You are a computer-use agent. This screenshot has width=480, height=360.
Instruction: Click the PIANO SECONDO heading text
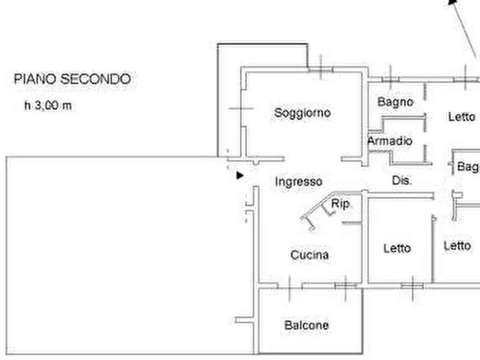[x=72, y=80]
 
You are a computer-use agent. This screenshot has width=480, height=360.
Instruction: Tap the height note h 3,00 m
[x=48, y=106]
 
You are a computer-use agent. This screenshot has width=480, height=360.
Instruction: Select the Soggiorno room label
[x=302, y=113]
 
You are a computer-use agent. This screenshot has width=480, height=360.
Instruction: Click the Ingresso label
[x=299, y=182]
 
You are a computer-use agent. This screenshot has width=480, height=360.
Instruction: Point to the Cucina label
[x=310, y=255]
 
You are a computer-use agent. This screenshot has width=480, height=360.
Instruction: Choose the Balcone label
[x=306, y=325]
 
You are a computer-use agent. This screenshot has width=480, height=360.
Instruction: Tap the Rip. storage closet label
[x=341, y=204]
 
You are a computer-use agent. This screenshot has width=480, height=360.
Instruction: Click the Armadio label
[x=390, y=141]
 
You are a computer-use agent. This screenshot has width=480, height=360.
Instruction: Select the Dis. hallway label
[x=402, y=181]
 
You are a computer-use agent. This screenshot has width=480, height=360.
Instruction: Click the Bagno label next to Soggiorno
[x=395, y=102]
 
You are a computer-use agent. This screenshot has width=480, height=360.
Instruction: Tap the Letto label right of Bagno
[x=462, y=117]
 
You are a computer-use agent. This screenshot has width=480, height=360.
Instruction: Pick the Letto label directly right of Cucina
[x=397, y=248]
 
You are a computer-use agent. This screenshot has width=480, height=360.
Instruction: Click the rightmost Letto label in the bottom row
[x=457, y=246]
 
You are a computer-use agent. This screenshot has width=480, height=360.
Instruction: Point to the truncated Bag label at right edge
[x=468, y=167]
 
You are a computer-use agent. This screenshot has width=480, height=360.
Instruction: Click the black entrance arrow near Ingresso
[x=240, y=175]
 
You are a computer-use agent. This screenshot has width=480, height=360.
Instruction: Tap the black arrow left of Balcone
[x=239, y=321]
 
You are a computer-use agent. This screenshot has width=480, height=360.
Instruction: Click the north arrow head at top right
[x=453, y=3]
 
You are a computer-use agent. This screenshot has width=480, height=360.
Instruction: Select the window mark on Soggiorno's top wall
[x=320, y=68]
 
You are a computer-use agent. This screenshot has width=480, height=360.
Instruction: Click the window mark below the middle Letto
[x=412, y=285]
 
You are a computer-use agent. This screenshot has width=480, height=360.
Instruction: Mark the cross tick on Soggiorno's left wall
[x=241, y=109]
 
